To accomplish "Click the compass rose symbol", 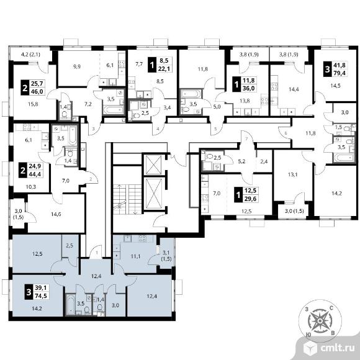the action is (x=320, y=320).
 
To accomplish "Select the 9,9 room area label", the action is (x=77, y=67).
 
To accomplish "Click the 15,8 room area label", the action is (x=33, y=104).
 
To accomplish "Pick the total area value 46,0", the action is (x=37, y=91).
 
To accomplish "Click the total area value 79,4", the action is (x=340, y=73).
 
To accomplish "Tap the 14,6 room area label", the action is (x=56, y=214).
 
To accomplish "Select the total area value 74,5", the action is (x=41, y=295).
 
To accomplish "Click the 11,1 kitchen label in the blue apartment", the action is (x=135, y=256).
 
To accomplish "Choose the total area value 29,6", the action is (x=250, y=199).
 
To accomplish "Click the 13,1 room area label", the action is (x=293, y=174).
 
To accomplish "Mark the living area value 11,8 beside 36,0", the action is (x=249, y=80).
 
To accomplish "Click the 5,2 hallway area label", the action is (x=241, y=161).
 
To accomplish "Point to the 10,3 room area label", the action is (x=31, y=187).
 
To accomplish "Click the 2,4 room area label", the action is (x=264, y=161).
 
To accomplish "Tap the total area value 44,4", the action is (x=35, y=174).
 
